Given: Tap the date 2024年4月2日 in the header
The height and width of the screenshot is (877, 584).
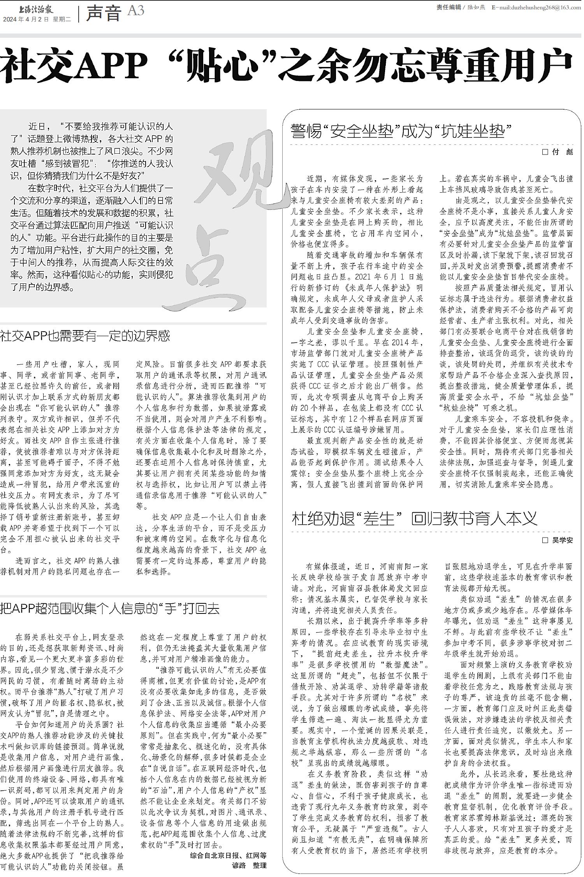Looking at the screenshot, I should coord(26,19).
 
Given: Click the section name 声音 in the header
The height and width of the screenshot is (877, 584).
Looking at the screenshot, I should coord(103,13).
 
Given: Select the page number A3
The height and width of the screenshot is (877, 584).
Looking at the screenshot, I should coord(135,11).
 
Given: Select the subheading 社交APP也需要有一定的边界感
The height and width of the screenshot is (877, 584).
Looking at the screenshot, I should coord(85,336).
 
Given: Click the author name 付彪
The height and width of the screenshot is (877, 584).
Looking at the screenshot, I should coord(563,152).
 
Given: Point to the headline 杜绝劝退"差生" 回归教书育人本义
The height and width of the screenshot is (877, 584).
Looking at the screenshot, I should coord(414,518).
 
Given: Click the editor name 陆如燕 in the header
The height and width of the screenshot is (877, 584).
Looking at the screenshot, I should coord(477,7).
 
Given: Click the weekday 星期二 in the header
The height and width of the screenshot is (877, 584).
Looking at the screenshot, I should coord(62,19).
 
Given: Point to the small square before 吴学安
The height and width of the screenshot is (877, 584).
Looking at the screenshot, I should coord(545,540).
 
